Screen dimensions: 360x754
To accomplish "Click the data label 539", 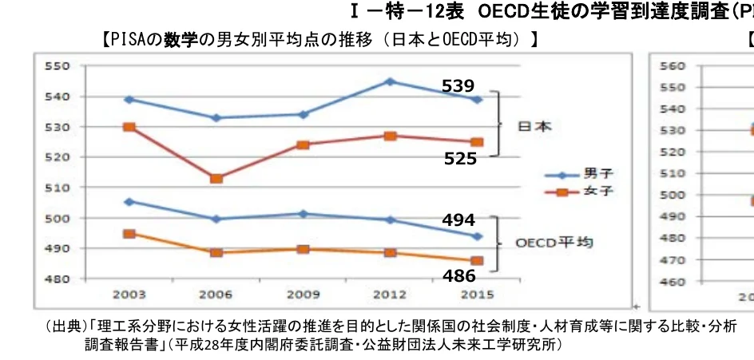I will pyautogui.click(x=458, y=85).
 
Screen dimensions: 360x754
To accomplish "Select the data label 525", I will pyautogui.click(x=461, y=159).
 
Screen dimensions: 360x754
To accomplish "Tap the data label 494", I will pyautogui.click(x=458, y=220).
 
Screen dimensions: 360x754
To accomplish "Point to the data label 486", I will pyautogui.click(x=460, y=275).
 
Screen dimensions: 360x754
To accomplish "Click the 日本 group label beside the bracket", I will pyautogui.click(x=535, y=127).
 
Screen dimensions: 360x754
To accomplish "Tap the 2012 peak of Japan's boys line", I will pyautogui.click(x=389, y=81).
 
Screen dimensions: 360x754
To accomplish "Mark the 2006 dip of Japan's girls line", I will pyautogui.click(x=216, y=178).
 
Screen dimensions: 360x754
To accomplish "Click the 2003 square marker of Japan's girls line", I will pyautogui.click(x=129, y=127).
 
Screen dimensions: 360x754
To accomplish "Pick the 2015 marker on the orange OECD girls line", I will pyautogui.click(x=477, y=261).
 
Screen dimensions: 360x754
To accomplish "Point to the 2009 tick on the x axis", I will pyautogui.click(x=303, y=294).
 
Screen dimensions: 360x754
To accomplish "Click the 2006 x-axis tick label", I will pyautogui.click(x=216, y=294).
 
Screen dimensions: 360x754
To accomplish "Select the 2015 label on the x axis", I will pyautogui.click(x=476, y=294).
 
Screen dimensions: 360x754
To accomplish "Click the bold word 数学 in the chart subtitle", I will pyautogui.click(x=179, y=38).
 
